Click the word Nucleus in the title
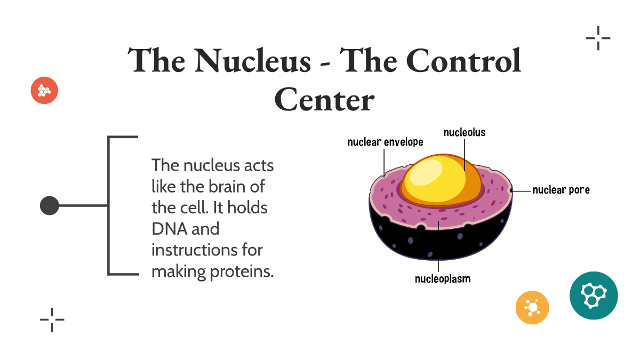tap(252, 60)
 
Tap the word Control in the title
tap(459, 60)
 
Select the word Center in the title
tap(324, 100)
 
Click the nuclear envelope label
tap(385, 142)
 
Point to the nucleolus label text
tap(465, 132)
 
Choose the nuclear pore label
tap(561, 190)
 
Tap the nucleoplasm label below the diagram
tap(443, 278)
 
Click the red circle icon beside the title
tap(44, 91)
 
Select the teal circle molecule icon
tap(594, 295)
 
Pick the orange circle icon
tap(532, 308)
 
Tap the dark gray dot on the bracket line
tap(50, 205)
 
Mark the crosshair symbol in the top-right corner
tap(598, 38)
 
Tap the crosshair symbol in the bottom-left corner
tap(52, 320)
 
